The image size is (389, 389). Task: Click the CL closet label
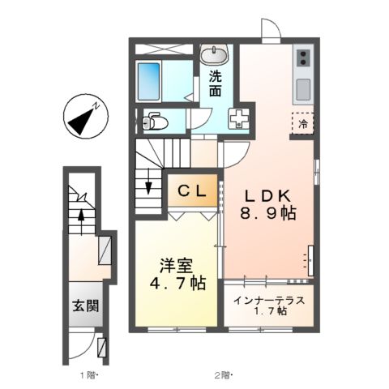tap(193, 191)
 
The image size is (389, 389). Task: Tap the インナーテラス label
tap(268, 300)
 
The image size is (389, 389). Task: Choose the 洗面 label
tap(216, 83)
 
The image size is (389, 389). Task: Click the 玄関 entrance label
tap(83, 306)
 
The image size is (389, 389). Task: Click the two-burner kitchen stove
tap(303, 58)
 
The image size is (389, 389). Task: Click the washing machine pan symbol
tap(241, 118)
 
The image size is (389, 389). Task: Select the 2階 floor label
tap(223, 375)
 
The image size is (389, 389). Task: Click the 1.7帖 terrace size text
tap(268, 311)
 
